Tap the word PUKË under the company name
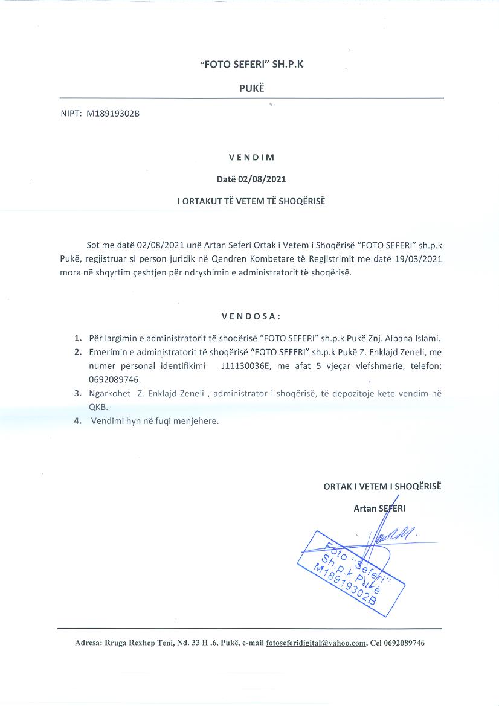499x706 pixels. [x=252, y=88]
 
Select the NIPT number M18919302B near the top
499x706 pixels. [x=114, y=113]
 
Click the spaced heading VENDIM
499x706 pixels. [x=252, y=158]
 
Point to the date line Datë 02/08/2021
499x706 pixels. [x=252, y=179]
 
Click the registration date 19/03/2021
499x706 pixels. [x=420, y=258]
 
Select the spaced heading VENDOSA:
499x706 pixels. [x=251, y=316]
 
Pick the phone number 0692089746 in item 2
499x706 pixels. [x=111, y=379]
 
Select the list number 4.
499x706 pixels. [x=77, y=421]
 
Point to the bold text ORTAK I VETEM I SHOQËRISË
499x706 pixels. [x=382, y=486]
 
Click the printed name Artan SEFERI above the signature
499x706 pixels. [x=379, y=508]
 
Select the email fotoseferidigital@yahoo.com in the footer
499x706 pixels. [x=316, y=643]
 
